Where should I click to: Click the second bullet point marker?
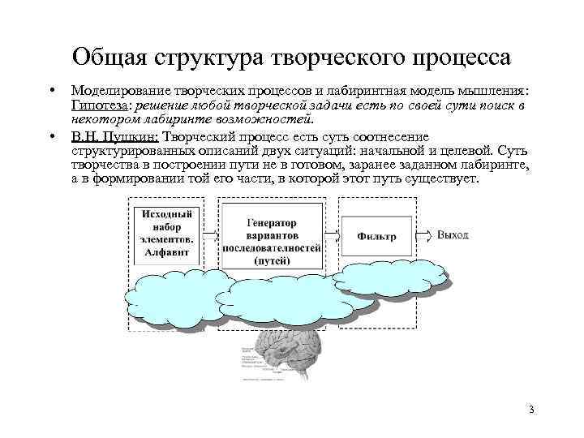click(50, 136)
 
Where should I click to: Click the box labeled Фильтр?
click(376, 236)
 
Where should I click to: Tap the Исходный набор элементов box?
click(167, 234)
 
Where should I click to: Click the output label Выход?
click(453, 234)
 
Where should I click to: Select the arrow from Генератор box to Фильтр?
click(334, 235)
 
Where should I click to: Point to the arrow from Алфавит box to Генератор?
click(209, 235)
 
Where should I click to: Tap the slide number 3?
click(530, 409)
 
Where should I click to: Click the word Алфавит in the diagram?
click(167, 253)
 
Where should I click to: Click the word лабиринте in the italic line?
click(159, 120)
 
